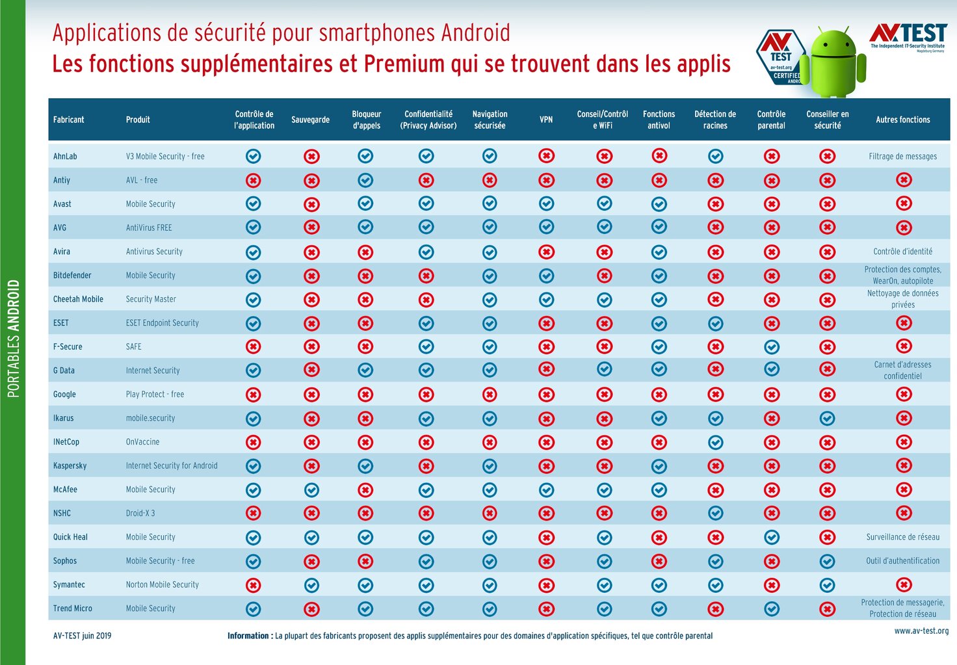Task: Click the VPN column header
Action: point(546,120)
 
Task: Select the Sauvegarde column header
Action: point(310,120)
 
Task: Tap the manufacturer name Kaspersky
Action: point(70,465)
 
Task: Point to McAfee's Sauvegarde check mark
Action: point(311,489)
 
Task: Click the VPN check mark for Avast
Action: point(546,203)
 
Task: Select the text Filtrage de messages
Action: point(902,156)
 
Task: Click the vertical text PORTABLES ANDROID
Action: point(13,338)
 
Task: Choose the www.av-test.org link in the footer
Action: point(921,631)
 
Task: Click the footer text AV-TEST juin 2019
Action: point(82,636)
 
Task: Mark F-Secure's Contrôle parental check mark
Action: point(771,346)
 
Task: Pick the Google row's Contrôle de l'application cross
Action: point(253,394)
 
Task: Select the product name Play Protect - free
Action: point(155,394)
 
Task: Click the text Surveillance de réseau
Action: point(902,537)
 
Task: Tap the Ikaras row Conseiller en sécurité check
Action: point(827,418)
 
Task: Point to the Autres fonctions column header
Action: point(902,120)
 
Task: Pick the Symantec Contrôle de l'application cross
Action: point(253,584)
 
